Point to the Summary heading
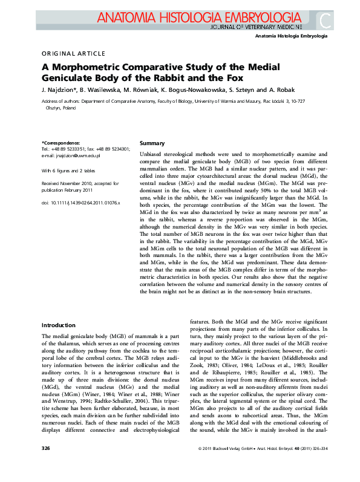[x=152, y=143]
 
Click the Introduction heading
[x=59, y=325]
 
